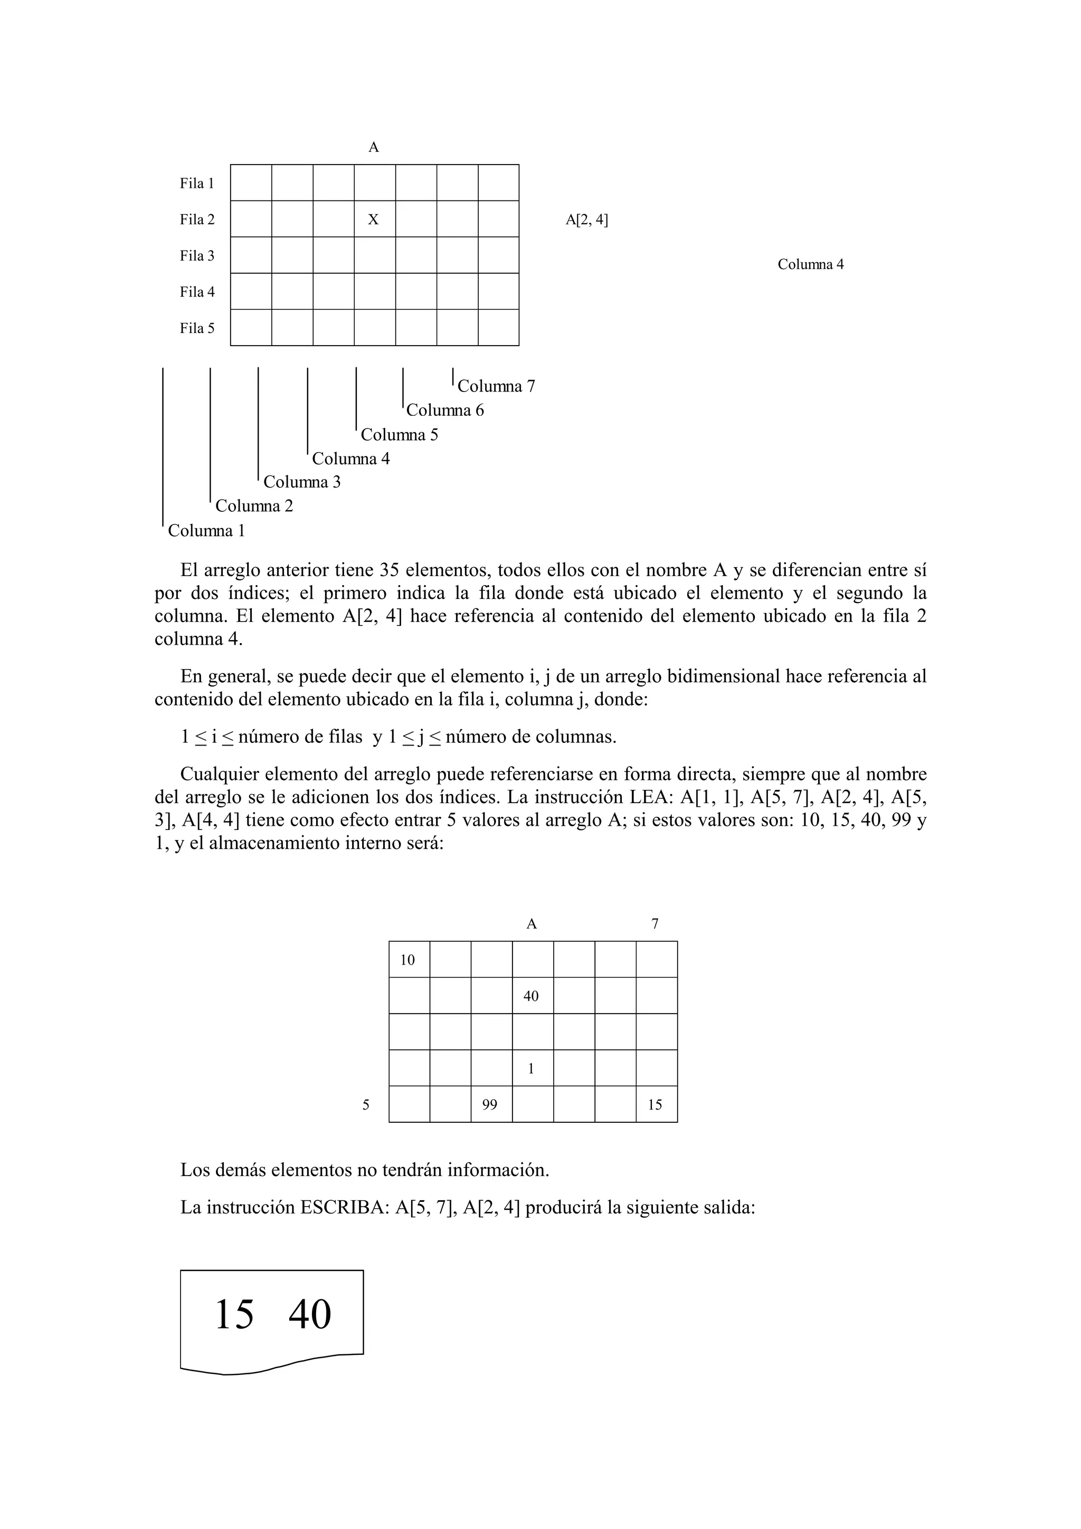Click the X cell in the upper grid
[374, 219]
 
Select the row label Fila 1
[197, 183]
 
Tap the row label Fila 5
[197, 328]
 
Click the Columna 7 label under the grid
[496, 386]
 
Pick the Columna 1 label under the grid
[206, 531]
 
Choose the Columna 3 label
[302, 482]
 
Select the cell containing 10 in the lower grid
[409, 960]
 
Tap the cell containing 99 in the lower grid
[490, 1105]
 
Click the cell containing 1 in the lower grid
[532, 1069]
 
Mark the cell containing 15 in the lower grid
[656, 1105]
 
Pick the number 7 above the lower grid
[656, 924]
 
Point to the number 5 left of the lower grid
[366, 1105]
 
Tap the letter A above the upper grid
[374, 147]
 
